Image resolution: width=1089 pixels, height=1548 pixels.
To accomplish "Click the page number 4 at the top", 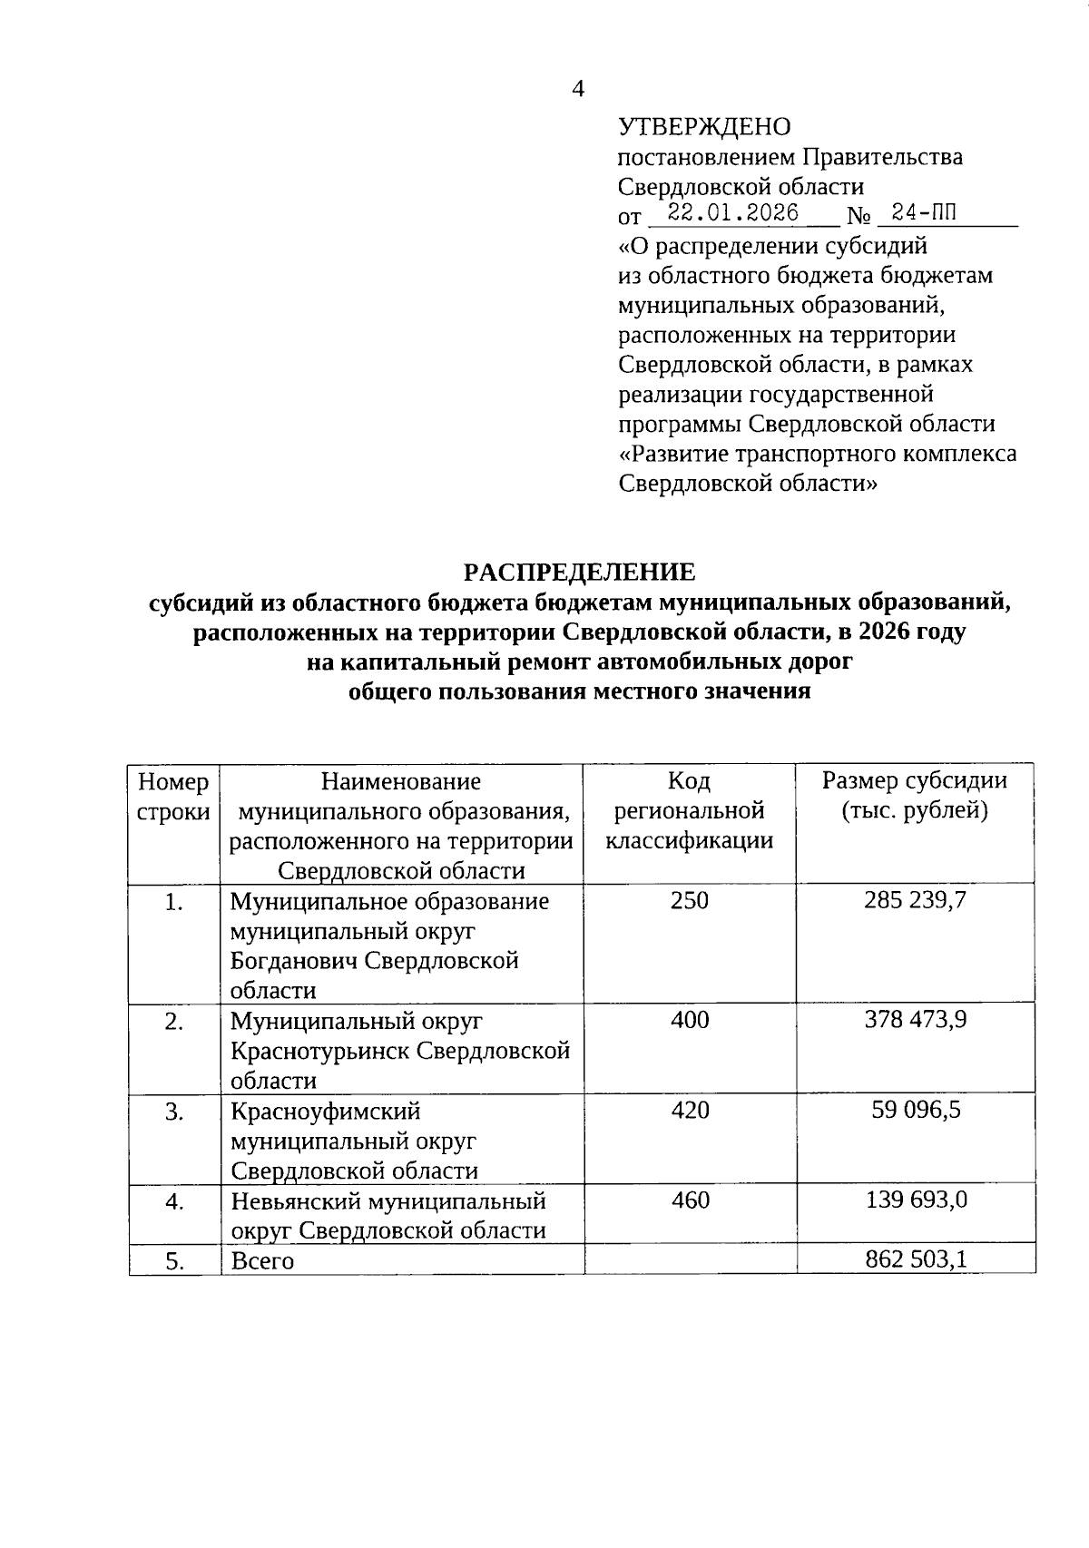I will click(x=578, y=88).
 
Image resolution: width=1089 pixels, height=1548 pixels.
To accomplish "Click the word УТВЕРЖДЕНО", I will click(x=704, y=127).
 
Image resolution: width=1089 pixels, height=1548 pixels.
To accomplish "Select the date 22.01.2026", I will click(x=733, y=213).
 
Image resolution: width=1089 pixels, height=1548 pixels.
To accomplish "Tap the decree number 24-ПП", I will click(x=923, y=213).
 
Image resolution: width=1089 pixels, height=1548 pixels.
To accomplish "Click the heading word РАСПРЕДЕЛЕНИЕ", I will click(x=579, y=572).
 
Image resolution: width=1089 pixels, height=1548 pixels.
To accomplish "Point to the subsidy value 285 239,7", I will click(x=915, y=900).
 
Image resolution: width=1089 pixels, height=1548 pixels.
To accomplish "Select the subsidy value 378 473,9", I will click(x=915, y=1020).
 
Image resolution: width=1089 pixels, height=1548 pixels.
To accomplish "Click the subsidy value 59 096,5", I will click(x=915, y=1110).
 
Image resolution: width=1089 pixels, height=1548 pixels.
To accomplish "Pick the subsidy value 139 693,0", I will click(x=915, y=1200).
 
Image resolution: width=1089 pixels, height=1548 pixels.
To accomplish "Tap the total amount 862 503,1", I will click(x=915, y=1259).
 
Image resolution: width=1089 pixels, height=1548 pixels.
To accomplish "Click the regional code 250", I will click(x=690, y=900).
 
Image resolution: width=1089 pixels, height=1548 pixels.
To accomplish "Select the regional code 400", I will click(x=690, y=1020).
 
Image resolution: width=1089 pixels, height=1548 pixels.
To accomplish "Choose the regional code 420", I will click(x=690, y=1110).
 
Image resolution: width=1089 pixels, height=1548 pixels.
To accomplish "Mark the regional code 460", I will click(x=690, y=1200).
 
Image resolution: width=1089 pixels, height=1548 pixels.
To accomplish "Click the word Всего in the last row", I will click(x=262, y=1261).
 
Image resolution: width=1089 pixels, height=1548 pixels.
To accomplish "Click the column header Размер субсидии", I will click(x=915, y=780).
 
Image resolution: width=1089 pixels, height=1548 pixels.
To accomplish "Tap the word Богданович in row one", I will click(x=292, y=961).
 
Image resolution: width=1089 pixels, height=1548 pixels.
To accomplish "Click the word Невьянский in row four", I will click(x=295, y=1201).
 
